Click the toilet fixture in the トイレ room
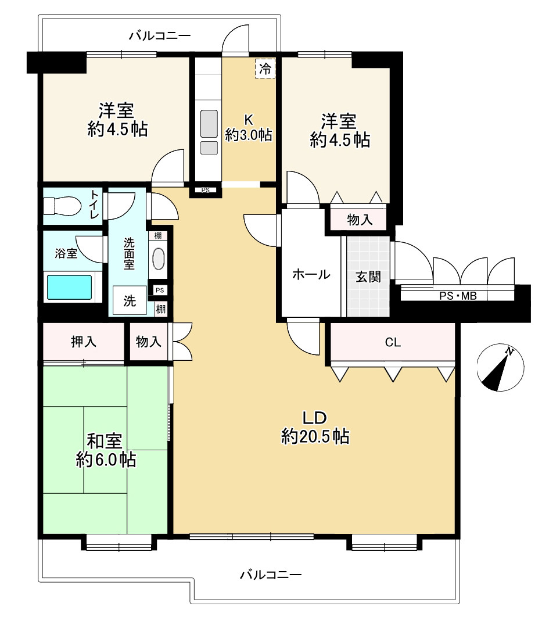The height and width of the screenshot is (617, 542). pos(62,206)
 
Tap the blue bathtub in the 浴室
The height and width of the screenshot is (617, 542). pos(70,287)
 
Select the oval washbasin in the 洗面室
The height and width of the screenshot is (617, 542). pos(158,259)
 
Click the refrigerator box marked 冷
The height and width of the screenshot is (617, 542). pos(265,69)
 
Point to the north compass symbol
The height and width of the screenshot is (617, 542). pos(500,368)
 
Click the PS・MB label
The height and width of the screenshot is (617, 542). pos(458,296)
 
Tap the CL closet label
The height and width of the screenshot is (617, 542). pos(393,342)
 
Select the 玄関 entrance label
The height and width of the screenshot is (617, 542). pos(368,277)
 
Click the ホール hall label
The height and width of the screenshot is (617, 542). pos(311,274)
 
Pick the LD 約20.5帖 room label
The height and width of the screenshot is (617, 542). pos(315,427)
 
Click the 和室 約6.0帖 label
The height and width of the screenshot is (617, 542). pos(106,450)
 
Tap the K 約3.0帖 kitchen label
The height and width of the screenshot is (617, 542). pos(249,127)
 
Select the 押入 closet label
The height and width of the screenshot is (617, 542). pos(84,342)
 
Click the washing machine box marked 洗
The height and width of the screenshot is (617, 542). pos(130,300)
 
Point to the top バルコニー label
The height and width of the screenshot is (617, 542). pos(160,36)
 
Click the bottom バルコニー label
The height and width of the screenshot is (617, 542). pos(271,575)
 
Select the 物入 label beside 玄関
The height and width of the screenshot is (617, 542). pos(360,220)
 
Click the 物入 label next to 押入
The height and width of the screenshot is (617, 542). pos(148,341)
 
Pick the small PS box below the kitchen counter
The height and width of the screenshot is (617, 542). pos(205,190)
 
